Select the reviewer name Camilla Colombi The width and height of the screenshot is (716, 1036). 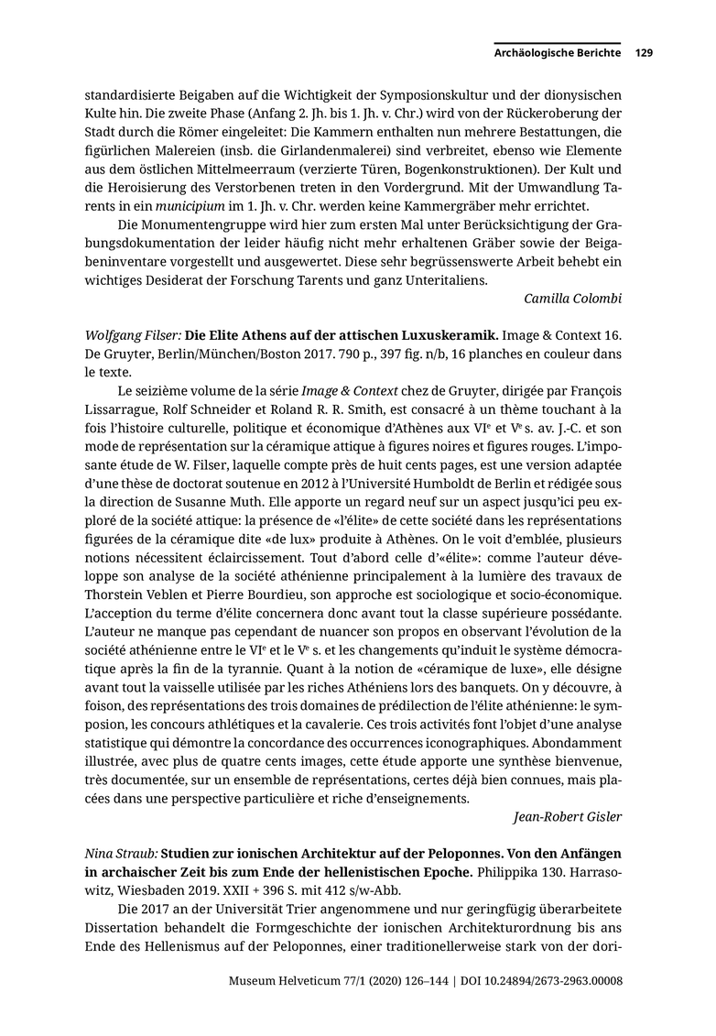pyautogui.click(x=573, y=298)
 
